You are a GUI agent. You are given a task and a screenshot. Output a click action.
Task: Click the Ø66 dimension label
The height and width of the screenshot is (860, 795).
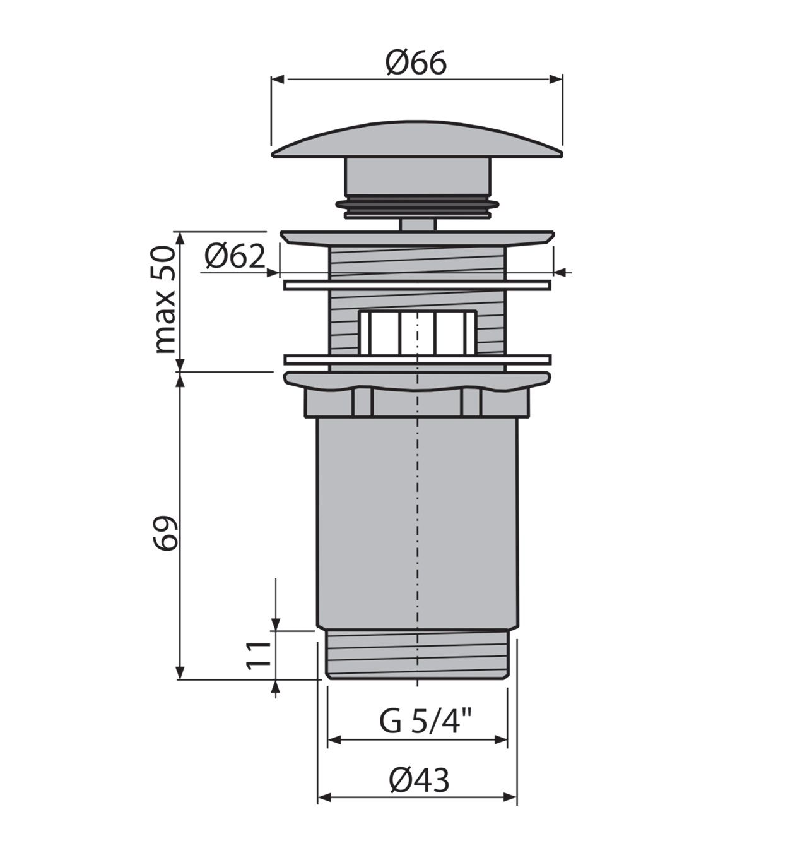pos(416,63)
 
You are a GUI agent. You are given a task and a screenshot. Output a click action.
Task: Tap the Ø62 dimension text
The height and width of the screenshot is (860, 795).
pos(235,256)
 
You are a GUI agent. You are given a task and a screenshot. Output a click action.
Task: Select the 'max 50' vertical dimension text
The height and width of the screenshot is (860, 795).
pos(165,299)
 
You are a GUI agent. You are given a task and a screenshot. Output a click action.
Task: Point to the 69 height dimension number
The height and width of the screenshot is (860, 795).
pos(166,533)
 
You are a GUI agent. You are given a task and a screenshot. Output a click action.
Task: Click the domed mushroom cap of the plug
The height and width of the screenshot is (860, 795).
pos(417,141)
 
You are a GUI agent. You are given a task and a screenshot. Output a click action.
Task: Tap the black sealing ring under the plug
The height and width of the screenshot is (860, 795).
pos(418,208)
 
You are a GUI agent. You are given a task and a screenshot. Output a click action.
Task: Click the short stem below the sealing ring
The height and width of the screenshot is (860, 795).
pos(418,225)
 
